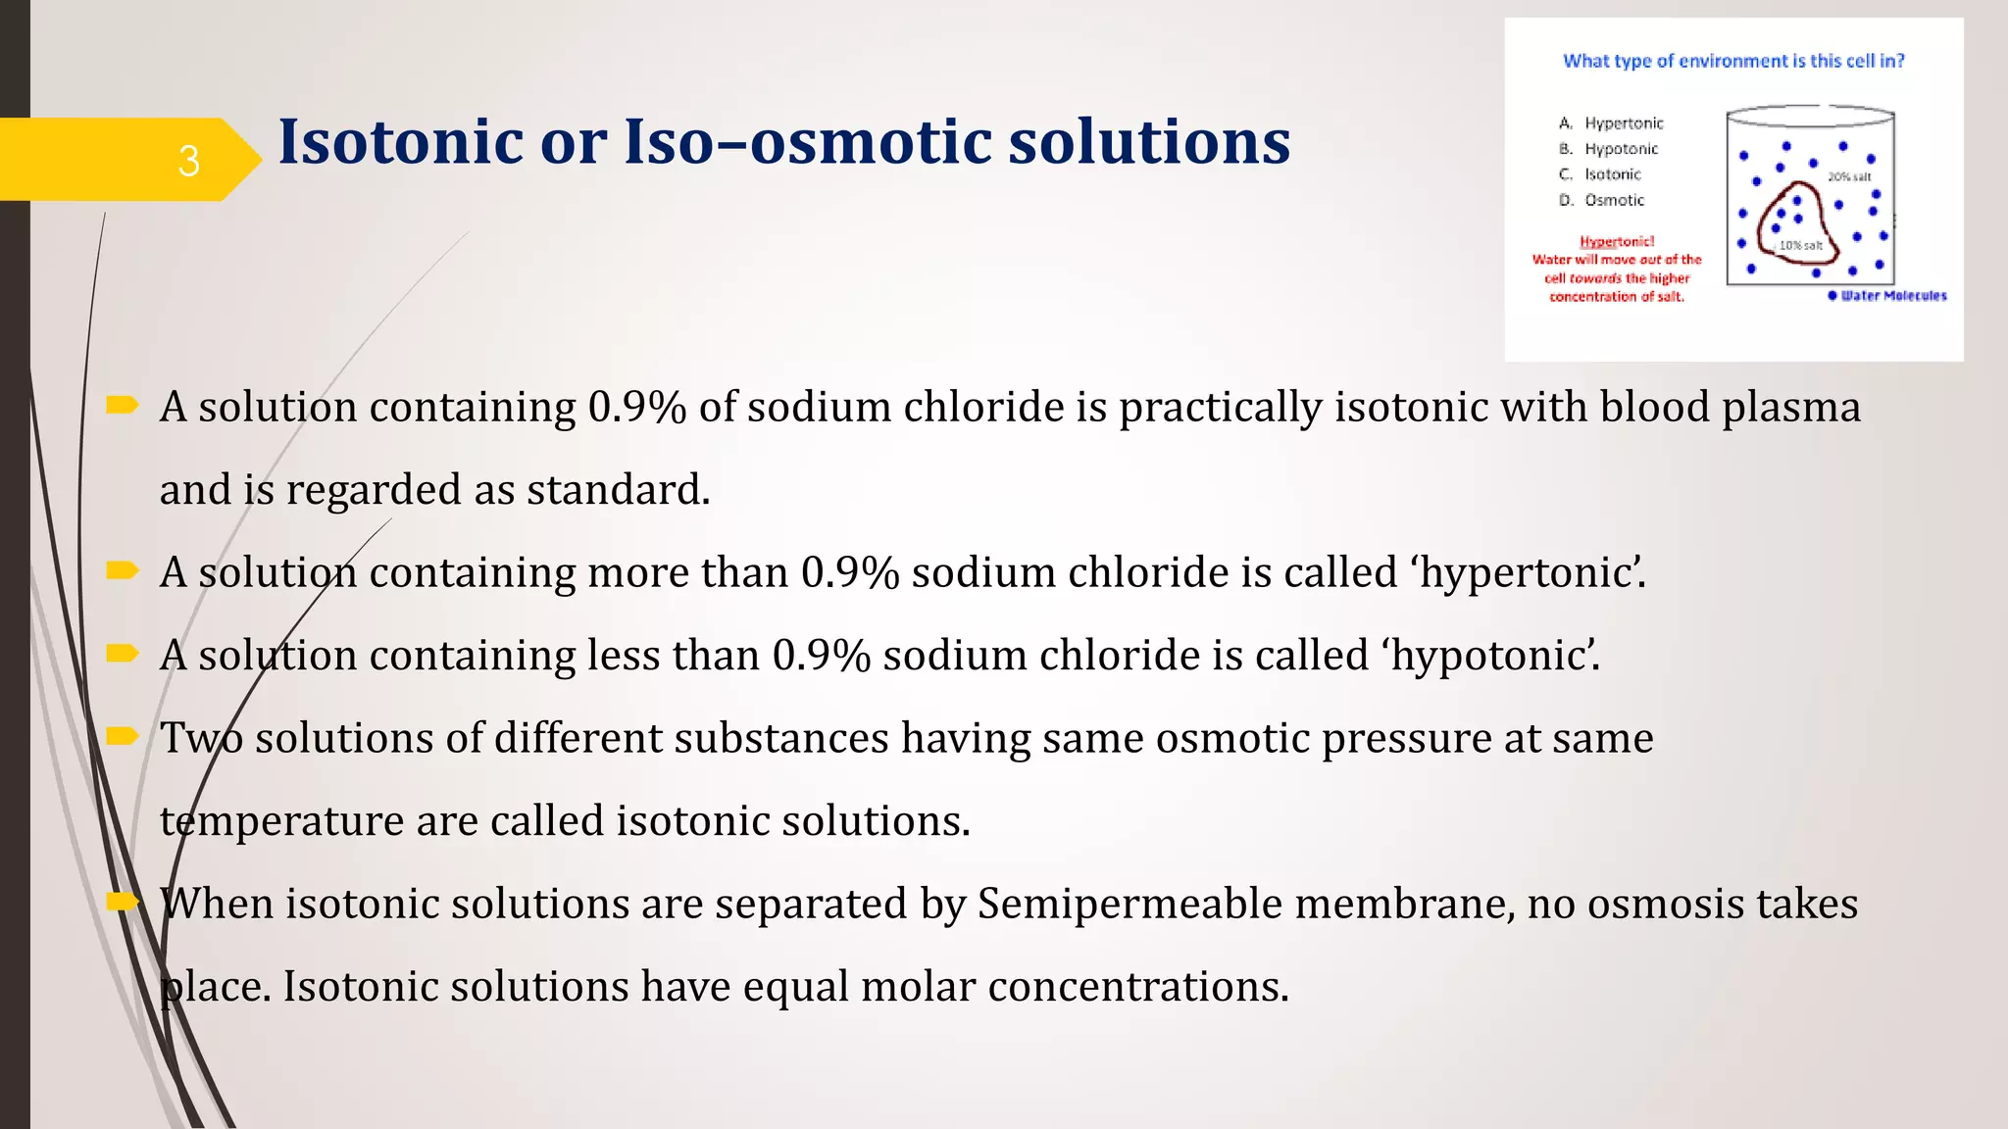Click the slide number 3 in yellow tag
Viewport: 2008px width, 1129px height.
pos(188,161)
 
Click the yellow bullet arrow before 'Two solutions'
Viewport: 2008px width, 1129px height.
pos(123,736)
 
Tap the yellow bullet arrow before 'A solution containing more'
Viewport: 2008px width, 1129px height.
pos(123,570)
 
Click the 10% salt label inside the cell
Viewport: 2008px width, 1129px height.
pos(1801,245)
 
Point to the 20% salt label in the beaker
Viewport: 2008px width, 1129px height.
pos(1849,177)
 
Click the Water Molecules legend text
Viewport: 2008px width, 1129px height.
pos(1893,296)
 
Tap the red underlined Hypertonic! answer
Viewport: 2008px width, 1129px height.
pos(1617,241)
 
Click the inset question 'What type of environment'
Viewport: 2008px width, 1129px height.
pos(1732,61)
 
